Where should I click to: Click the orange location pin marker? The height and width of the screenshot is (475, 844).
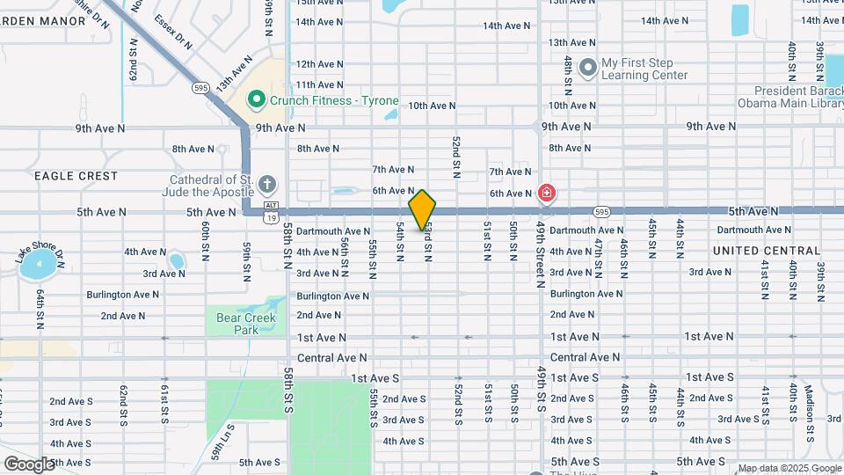coord(422,209)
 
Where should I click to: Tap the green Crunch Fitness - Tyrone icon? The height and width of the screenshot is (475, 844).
coord(257,100)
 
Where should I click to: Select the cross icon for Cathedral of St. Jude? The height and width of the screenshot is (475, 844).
coord(267,185)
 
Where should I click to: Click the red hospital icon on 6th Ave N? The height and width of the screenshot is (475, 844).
coord(547,193)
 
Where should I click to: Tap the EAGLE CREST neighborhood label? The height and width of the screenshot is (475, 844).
coord(76,176)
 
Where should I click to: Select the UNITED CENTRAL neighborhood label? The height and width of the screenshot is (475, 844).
coord(766,251)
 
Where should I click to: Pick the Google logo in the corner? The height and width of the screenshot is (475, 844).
coord(28,464)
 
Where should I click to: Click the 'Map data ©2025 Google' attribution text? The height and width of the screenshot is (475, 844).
coord(789,468)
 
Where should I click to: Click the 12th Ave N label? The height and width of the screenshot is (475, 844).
coord(319,64)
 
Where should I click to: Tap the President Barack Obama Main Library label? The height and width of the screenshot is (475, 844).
coord(797,97)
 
